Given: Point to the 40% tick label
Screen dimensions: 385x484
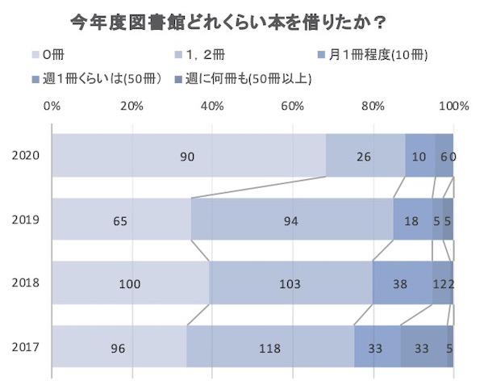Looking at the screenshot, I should coord(213,105).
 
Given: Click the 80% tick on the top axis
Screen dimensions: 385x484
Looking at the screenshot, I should coord(373,105).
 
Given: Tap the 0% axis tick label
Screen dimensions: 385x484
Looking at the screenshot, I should coord(52,105).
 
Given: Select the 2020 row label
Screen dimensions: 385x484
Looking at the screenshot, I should coord(25,155).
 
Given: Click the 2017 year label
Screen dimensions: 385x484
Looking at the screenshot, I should coord(25,348).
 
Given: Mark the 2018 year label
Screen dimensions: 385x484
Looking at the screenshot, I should coord(25,283).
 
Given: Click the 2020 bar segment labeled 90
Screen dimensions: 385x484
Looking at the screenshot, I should coord(187,155).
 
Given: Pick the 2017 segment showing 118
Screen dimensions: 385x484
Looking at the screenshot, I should coord(269,348).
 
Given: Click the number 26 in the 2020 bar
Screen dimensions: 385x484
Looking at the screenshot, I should coord(364,155).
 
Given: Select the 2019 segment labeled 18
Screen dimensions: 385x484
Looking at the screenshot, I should coord(412,219).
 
